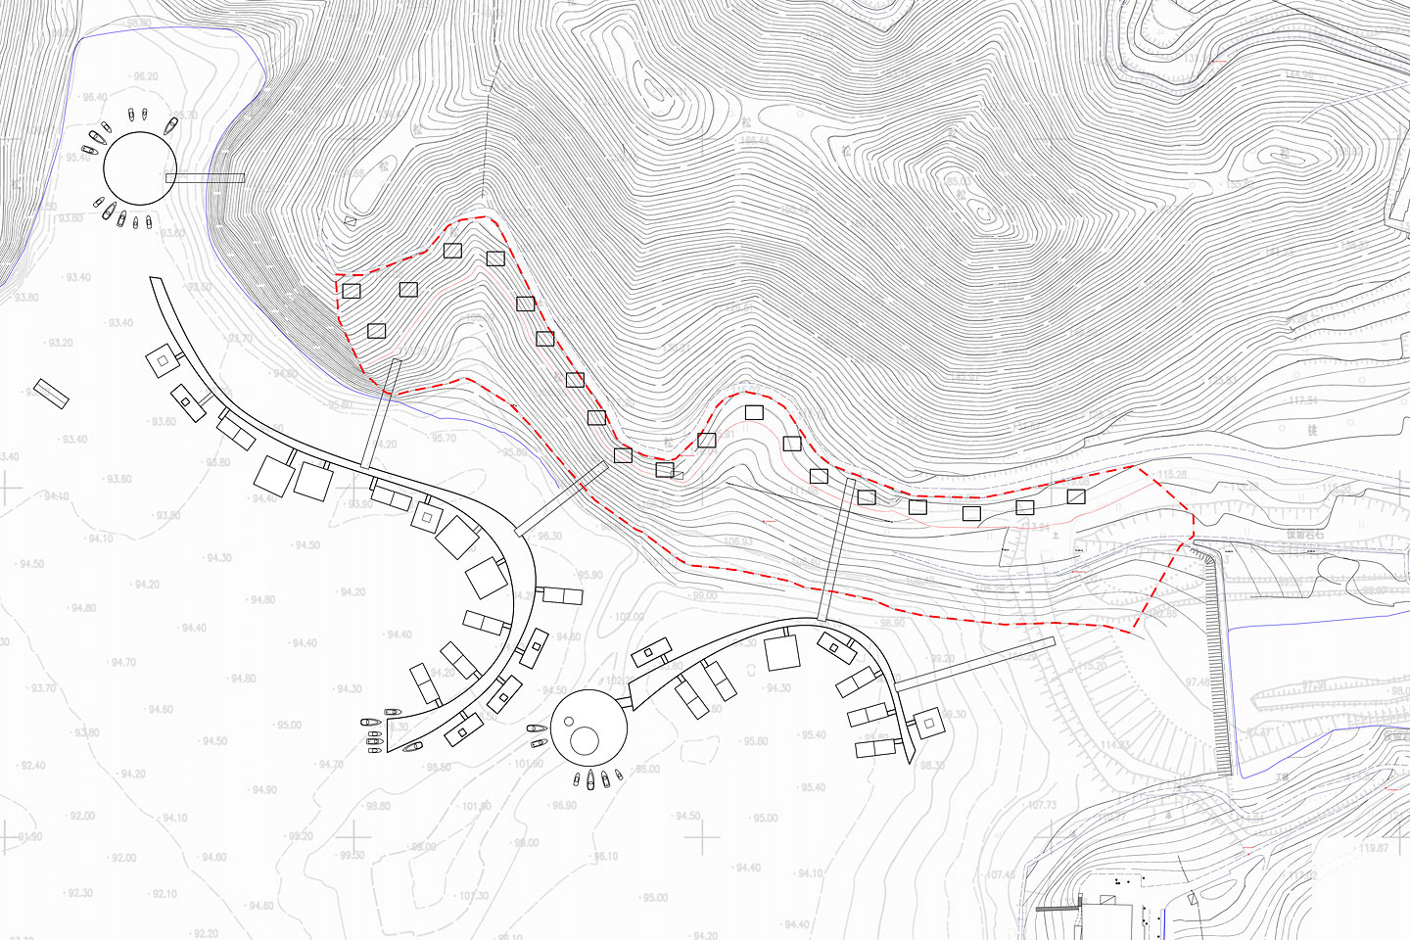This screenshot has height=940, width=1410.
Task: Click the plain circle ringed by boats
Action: click(140, 168)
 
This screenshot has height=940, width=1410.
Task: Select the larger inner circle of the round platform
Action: click(585, 740)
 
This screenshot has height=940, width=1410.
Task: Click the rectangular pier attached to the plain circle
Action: click(205, 177)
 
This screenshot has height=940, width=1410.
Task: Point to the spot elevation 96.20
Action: click(145, 76)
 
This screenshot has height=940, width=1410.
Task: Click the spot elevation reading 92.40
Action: click(33, 766)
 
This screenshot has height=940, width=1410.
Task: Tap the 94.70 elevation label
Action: click(123, 663)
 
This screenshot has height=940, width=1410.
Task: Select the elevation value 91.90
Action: click(30, 837)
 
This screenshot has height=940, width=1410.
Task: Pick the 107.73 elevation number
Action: click(1042, 805)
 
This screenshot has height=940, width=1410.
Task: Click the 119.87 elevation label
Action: click(1374, 848)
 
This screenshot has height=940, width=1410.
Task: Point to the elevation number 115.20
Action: click(1093, 666)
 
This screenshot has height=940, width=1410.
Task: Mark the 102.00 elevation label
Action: click(629, 617)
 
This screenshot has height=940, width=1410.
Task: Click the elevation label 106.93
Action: click(738, 541)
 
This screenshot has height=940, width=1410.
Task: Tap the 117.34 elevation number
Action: click(1303, 400)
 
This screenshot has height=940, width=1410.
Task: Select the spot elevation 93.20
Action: click(61, 343)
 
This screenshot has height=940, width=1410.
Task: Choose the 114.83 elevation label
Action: click(1114, 745)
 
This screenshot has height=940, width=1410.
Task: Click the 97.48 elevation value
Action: click(1198, 682)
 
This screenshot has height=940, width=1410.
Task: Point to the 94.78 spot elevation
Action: click(331, 764)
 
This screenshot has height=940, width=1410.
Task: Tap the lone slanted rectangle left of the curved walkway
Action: click(51, 394)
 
